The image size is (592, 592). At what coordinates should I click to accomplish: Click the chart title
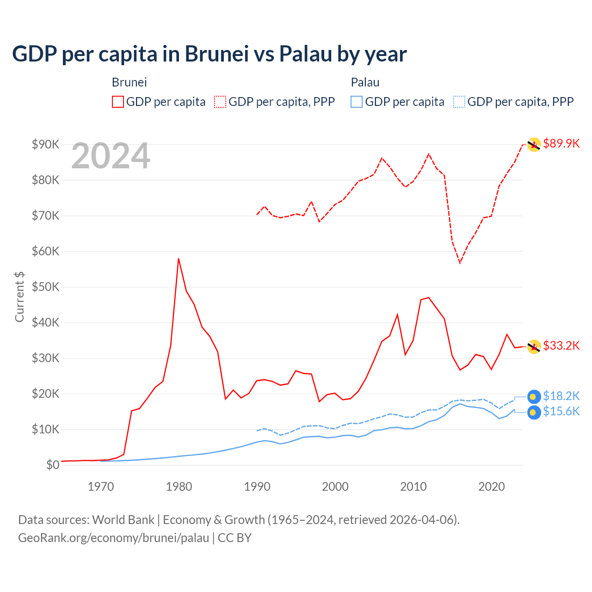click(x=209, y=54)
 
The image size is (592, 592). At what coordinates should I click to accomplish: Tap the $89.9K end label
click(x=561, y=143)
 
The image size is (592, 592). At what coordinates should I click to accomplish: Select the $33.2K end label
click(x=561, y=345)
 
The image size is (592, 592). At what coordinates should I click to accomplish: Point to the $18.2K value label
click(x=561, y=396)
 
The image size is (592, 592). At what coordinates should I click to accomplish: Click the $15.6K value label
click(x=561, y=411)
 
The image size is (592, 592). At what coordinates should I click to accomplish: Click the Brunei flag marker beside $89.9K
click(x=534, y=145)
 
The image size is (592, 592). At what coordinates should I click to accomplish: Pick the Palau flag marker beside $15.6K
click(x=534, y=413)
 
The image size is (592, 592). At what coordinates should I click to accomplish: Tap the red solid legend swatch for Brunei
click(x=118, y=102)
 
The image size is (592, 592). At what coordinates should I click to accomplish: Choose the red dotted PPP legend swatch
click(x=220, y=102)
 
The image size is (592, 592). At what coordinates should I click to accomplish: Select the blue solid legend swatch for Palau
click(x=357, y=102)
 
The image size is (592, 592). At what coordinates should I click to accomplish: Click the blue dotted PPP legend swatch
click(x=459, y=102)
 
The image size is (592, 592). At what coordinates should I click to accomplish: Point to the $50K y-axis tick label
click(x=46, y=287)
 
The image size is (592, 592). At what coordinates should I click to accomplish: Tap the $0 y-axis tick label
click(x=53, y=465)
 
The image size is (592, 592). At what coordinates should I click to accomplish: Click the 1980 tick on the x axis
click(x=179, y=487)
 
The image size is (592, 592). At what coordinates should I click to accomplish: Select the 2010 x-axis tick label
click(x=413, y=487)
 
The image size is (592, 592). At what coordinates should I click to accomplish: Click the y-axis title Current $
click(x=19, y=296)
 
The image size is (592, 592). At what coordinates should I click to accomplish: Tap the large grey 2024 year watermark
click(x=111, y=156)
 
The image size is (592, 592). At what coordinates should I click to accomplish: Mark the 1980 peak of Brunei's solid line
click(x=179, y=259)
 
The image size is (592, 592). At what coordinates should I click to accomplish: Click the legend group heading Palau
click(x=365, y=82)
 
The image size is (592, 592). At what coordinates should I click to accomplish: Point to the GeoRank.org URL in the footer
click(x=113, y=538)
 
